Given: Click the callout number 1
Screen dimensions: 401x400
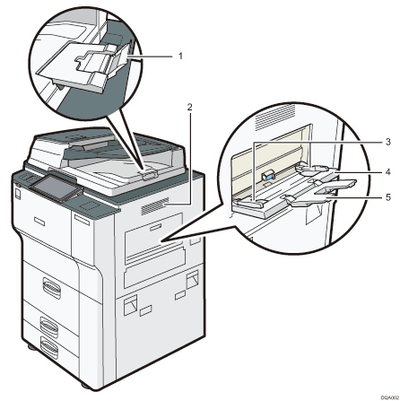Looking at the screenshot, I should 181,56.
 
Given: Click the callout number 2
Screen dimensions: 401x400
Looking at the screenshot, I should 189,106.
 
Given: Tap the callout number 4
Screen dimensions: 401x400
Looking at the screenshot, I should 364,170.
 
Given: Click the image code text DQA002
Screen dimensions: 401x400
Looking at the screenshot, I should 382,394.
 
